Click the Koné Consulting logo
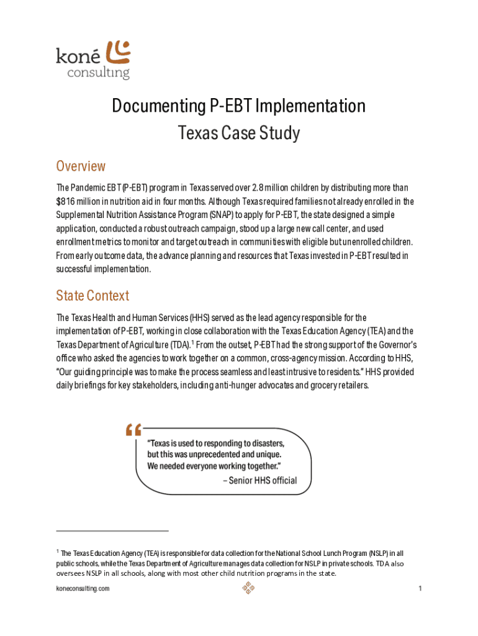93,60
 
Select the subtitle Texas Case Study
239,133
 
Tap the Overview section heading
81,166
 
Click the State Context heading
92,295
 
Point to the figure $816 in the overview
66,201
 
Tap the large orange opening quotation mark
133,429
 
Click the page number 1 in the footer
420,588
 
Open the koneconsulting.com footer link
83,588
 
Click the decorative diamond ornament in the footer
248,588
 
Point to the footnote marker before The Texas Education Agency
58,551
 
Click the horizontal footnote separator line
112,531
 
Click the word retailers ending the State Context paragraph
352,386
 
